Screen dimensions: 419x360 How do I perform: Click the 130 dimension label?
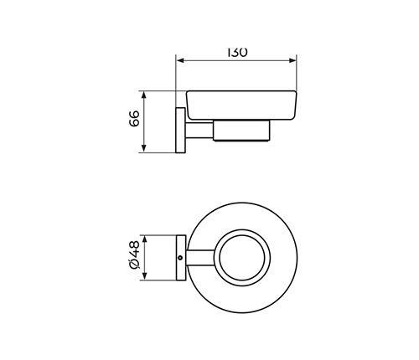pyautogui.click(x=237, y=52)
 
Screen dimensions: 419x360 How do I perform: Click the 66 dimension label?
pyautogui.click(x=134, y=119)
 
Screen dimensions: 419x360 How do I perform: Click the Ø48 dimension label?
pyautogui.click(x=134, y=255)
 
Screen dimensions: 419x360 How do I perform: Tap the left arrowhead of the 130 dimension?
pyautogui.click(x=180, y=60)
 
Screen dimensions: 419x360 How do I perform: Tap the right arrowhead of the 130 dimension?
pyautogui.click(x=292, y=60)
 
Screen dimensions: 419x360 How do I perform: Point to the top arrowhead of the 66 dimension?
pyautogui.click(x=144, y=95)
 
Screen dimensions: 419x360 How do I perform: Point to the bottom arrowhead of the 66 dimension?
pyautogui.click(x=144, y=148)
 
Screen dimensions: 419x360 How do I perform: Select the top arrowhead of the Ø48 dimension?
pyautogui.click(x=145, y=239)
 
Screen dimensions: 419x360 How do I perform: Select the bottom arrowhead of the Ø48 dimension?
pyautogui.click(x=145, y=275)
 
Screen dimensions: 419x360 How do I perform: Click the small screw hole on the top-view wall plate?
pyautogui.click(x=180, y=258)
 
